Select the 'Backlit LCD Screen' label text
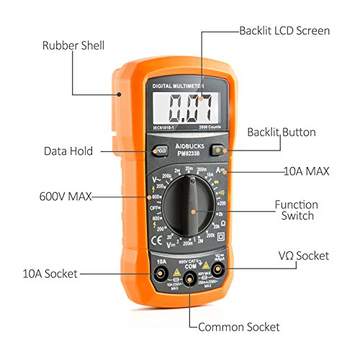point(284,31)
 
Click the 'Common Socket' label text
point(240,327)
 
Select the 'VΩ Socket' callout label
point(303,255)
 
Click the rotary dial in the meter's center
point(192,210)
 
